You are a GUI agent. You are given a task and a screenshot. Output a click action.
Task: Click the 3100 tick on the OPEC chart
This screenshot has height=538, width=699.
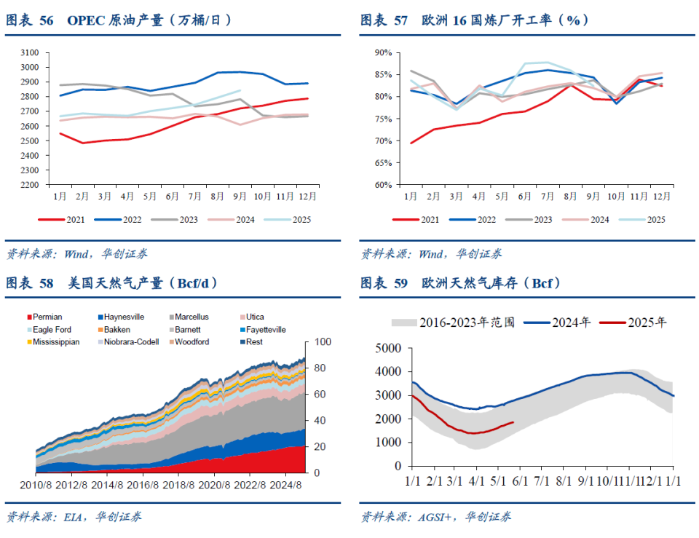(x=31, y=52)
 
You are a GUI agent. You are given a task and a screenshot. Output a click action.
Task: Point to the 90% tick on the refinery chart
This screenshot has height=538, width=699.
(x=383, y=52)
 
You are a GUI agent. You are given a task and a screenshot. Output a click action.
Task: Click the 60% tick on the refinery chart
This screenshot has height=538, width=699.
(x=383, y=185)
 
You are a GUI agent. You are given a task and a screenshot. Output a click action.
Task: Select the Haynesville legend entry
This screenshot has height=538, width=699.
(x=124, y=317)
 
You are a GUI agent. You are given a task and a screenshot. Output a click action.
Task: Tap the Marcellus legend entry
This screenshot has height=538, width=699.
(x=191, y=317)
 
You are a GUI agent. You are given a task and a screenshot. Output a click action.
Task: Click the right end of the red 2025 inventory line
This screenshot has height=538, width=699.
(x=513, y=422)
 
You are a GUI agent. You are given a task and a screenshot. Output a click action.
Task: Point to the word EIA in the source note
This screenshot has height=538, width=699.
(x=73, y=517)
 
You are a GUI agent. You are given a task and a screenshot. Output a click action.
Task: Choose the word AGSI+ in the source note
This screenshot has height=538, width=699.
(x=435, y=517)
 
